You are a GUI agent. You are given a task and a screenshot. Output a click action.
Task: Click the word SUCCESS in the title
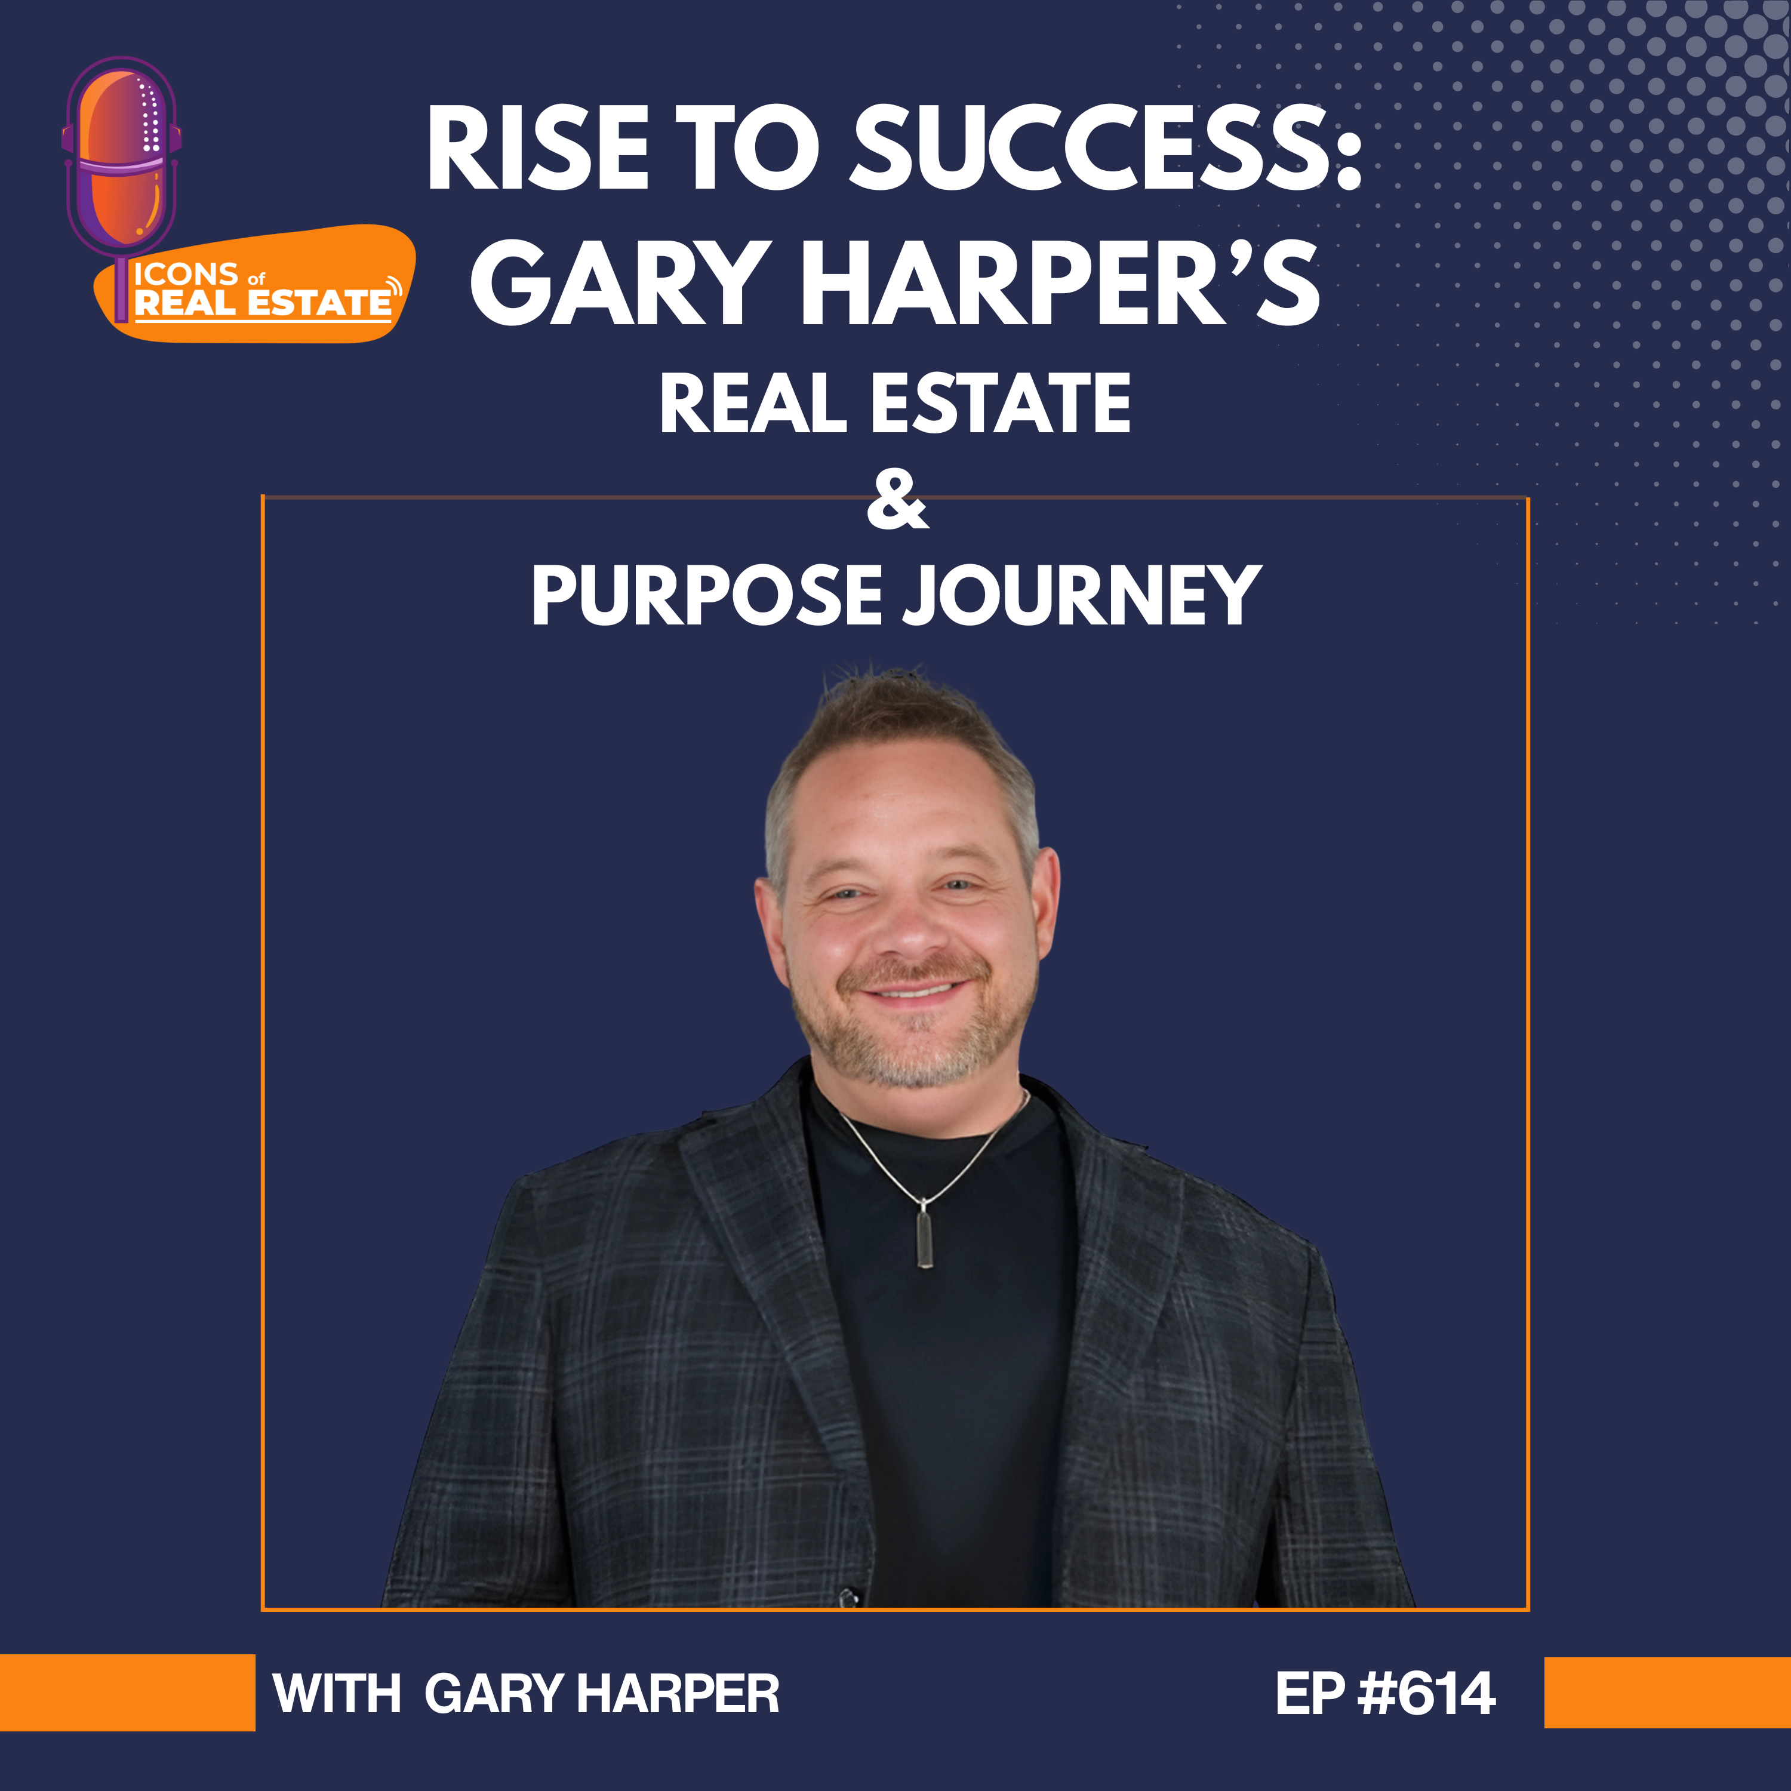1105,147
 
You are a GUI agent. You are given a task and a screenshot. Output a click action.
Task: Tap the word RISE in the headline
538,147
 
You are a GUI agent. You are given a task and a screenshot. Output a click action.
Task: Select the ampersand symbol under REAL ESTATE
897,501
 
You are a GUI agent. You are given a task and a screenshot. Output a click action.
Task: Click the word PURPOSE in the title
706,595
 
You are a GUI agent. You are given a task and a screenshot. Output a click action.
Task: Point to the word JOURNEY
1082,595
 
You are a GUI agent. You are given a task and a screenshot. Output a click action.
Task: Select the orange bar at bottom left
127,1692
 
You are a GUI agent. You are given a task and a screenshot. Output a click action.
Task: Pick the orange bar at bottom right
1667,1692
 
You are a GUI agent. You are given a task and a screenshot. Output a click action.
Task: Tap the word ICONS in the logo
186,275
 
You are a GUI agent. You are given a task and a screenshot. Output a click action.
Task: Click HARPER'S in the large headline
1060,283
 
